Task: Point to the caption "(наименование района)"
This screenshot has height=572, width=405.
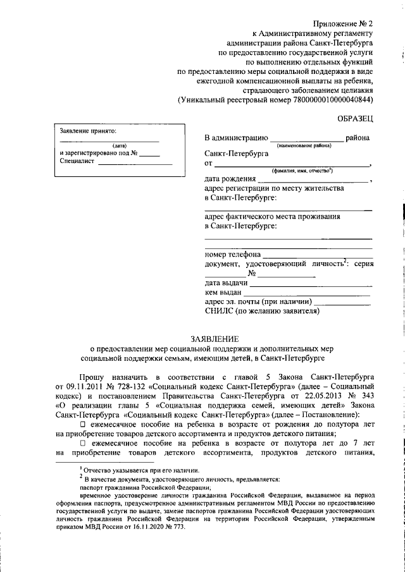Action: (308, 145)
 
